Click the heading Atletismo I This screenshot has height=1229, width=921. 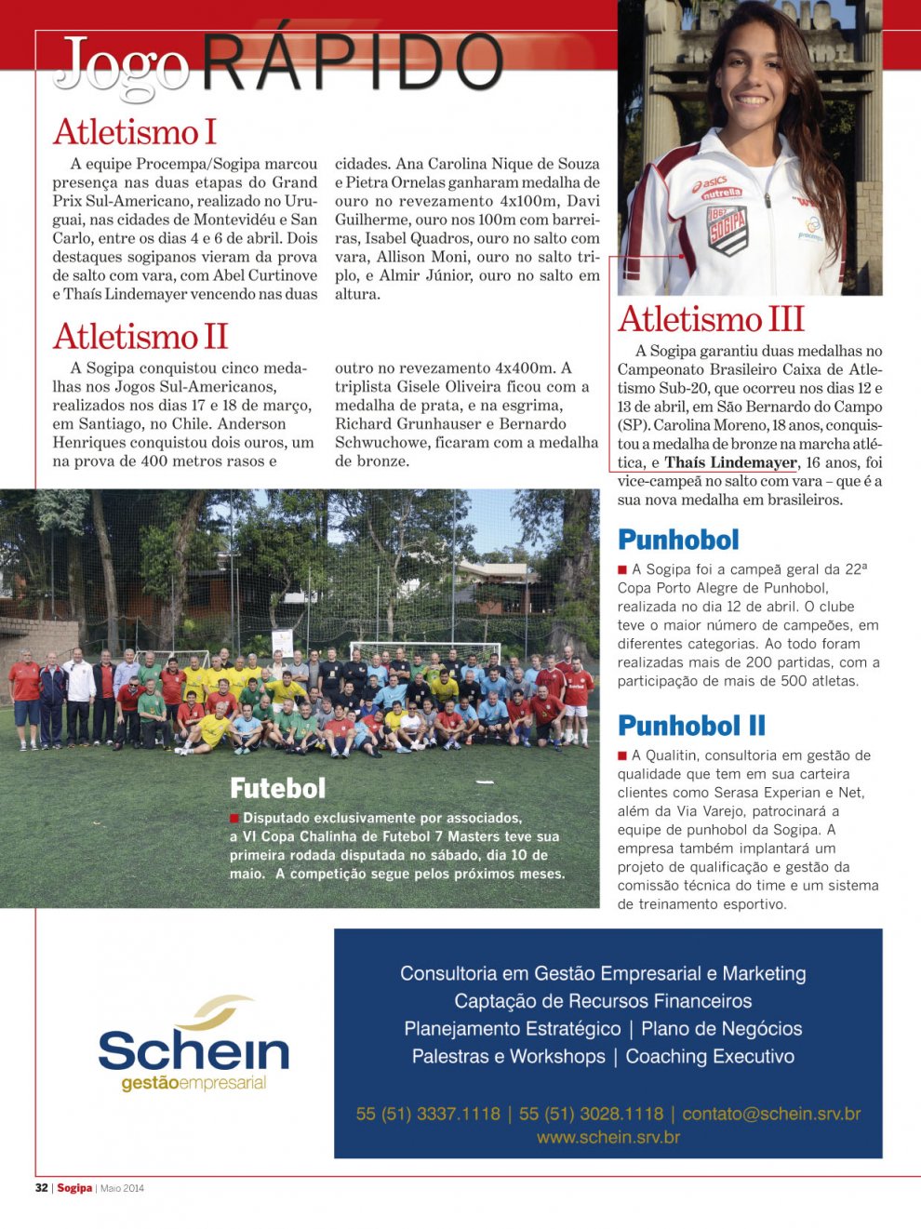[135, 132]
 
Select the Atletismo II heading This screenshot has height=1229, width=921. [140, 337]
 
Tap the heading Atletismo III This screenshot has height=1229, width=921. [711, 319]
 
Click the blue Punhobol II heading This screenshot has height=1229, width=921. [691, 726]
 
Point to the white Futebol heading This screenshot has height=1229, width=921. [277, 789]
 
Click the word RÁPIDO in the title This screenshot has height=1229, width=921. [352, 63]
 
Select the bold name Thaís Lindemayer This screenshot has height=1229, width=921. [731, 462]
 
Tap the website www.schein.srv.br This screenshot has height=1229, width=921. [608, 1137]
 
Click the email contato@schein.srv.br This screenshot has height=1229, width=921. [771, 1114]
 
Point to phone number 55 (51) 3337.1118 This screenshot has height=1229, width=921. [428, 1114]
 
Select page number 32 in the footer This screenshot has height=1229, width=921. [41, 1188]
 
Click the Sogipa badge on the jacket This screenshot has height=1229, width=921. [727, 229]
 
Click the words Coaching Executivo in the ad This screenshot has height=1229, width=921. [710, 1057]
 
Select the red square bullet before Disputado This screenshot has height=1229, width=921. [234, 819]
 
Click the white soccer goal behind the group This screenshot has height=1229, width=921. [424, 650]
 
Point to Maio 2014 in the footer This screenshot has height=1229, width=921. [122, 1188]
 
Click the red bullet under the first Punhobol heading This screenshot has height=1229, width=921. [622, 569]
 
